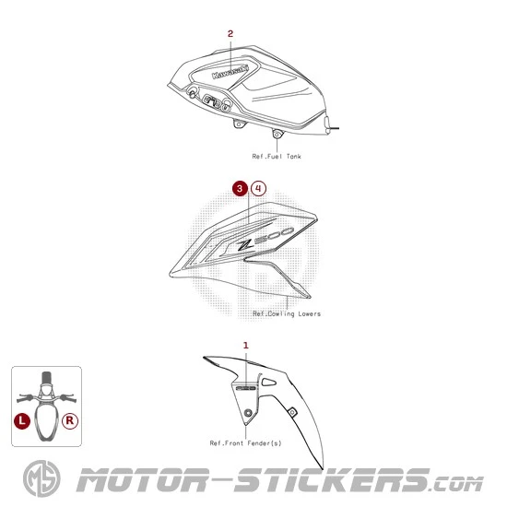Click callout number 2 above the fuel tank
(x=230, y=33)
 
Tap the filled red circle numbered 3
(x=240, y=188)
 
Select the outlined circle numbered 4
(x=258, y=188)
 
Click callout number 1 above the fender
(x=246, y=346)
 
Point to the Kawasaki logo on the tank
(x=230, y=72)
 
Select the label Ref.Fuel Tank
(x=277, y=157)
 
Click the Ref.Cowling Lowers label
(x=287, y=313)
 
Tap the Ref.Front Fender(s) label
(x=245, y=443)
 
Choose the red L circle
(x=22, y=420)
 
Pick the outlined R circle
(x=70, y=420)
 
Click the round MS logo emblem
(x=41, y=478)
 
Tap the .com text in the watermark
(x=457, y=484)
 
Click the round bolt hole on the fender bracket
(x=248, y=413)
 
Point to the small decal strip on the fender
(x=246, y=388)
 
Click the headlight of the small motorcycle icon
(x=47, y=389)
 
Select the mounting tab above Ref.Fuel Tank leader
(x=277, y=134)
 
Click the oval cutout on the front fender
(x=268, y=382)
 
